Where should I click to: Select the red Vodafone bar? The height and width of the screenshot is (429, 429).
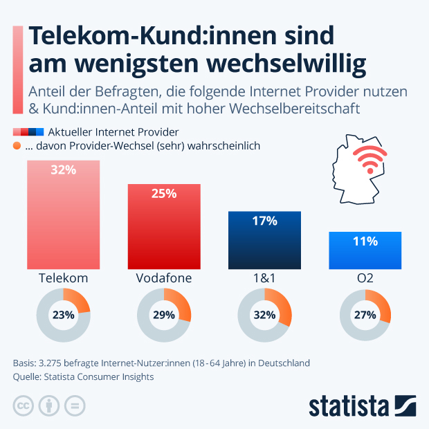(x=164, y=232)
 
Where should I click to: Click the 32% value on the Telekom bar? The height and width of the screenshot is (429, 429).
(x=63, y=170)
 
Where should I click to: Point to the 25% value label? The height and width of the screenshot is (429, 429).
(x=164, y=194)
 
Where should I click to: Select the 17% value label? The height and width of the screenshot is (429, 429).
(x=265, y=221)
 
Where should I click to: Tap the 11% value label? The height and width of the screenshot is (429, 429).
(x=365, y=241)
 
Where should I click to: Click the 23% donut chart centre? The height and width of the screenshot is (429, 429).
(x=63, y=315)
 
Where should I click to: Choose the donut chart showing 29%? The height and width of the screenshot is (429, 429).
(x=164, y=315)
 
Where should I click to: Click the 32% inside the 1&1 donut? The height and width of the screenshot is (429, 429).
(x=265, y=315)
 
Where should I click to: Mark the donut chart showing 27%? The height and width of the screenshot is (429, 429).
(x=365, y=315)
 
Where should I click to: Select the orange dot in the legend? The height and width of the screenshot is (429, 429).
(x=17, y=145)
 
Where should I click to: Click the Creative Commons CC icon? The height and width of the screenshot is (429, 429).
(x=24, y=405)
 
